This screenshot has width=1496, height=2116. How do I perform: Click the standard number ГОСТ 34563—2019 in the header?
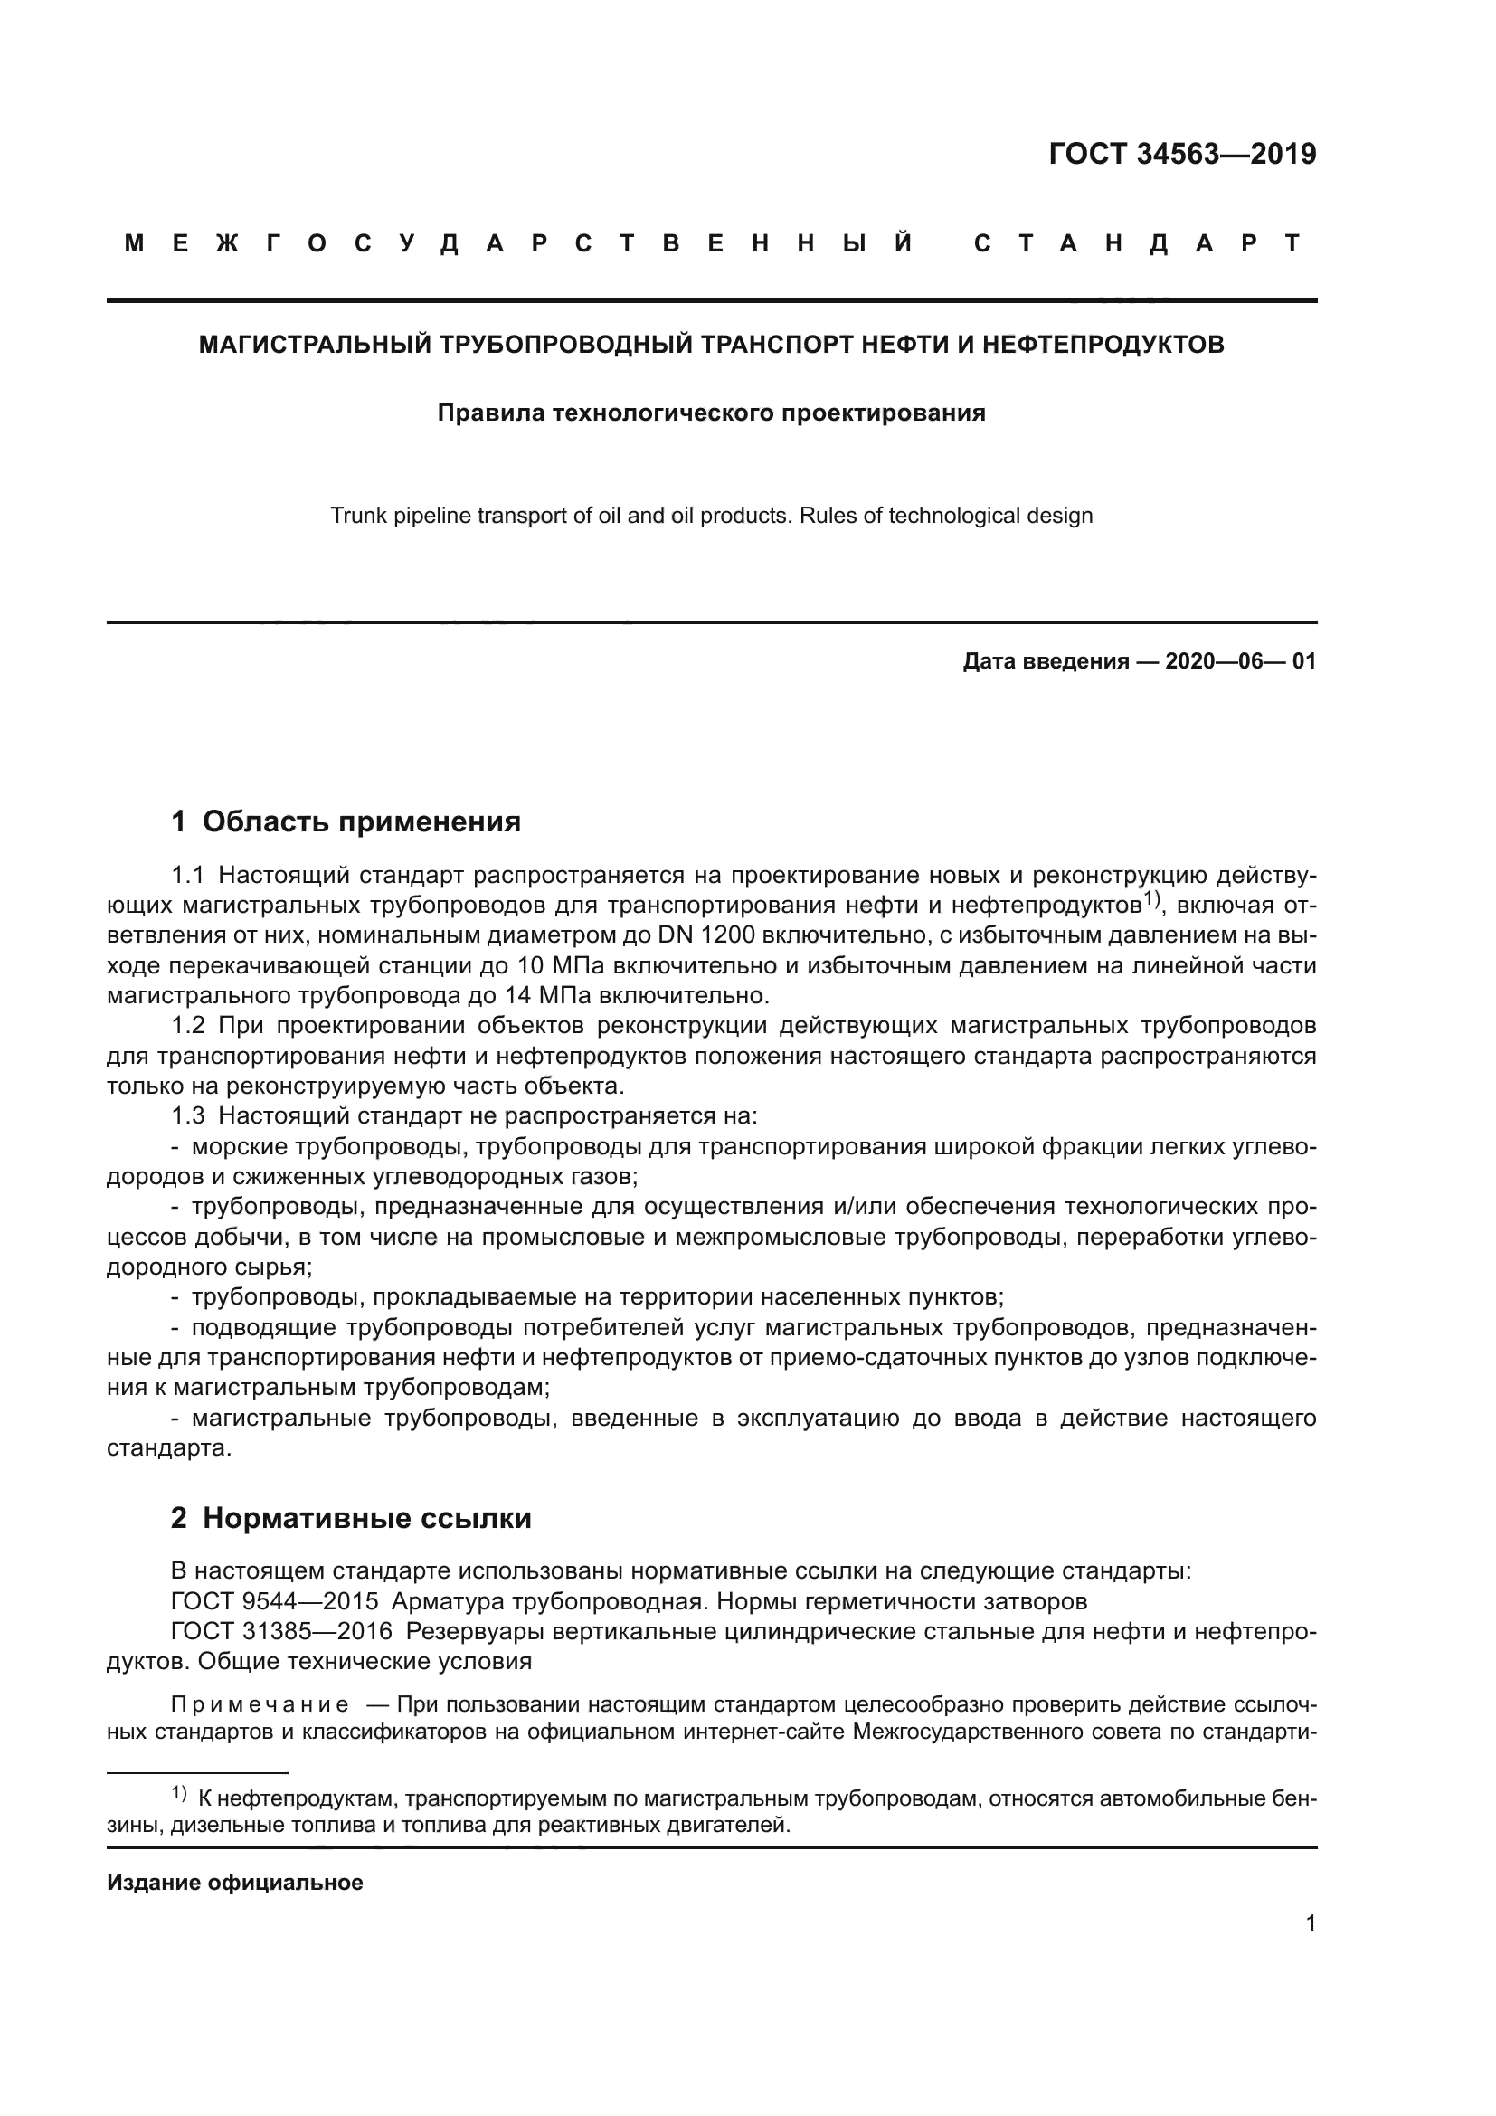coord(1182,154)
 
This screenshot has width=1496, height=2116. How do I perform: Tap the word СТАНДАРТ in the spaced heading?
coord(1138,243)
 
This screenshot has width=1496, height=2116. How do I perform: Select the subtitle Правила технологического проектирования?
coord(711,413)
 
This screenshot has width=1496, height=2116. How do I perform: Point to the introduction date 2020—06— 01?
coord(1241,660)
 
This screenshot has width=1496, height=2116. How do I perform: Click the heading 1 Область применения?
coord(346,821)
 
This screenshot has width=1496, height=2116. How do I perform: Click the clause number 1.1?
coord(188,874)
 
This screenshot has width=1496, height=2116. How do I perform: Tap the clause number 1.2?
coord(188,1026)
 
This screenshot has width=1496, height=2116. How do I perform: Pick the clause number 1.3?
coord(188,1116)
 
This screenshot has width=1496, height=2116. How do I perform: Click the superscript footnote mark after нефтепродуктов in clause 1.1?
coord(1151,897)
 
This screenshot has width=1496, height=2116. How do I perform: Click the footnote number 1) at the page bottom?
coord(180,1793)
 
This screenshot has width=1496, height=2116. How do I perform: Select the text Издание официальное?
coord(235,1883)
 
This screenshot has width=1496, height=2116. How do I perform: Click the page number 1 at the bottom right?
coord(1310,1922)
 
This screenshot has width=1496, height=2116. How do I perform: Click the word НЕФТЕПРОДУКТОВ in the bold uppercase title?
coord(1103,345)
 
